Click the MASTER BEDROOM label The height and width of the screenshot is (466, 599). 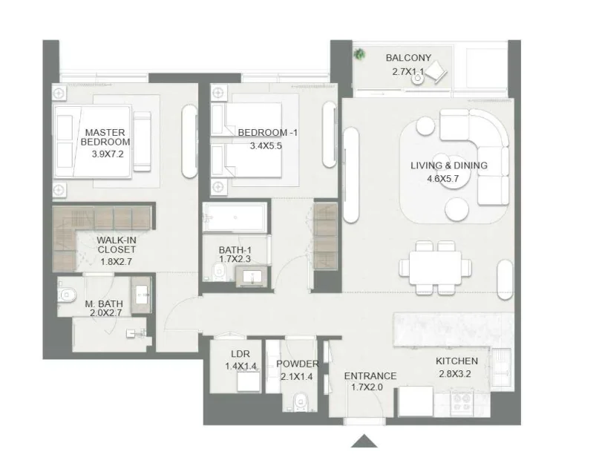pos(105,137)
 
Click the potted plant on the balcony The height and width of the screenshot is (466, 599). pos(360,53)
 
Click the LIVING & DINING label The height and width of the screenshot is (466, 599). pos(449,165)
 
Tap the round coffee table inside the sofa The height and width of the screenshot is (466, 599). pos(453,183)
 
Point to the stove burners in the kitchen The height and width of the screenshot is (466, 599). pos(462,401)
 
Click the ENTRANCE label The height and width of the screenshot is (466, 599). pos(370,375)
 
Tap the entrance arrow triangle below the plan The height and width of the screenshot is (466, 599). pos(364,441)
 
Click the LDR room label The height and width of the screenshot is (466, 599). pos(240,354)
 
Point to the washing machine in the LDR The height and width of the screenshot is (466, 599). pos(246,381)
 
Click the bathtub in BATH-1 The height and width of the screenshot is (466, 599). pos(234,219)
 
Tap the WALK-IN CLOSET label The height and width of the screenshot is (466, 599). pos(115,245)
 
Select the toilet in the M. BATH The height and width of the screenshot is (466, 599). pos(68,295)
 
